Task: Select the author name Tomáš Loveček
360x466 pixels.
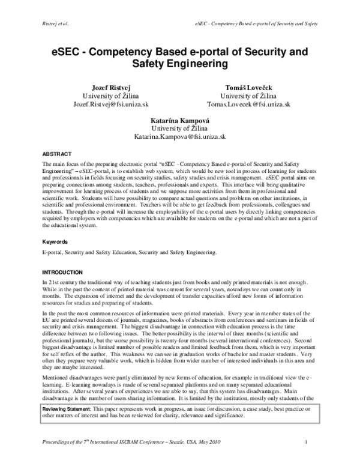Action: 248,86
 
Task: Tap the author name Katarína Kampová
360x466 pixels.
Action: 180,120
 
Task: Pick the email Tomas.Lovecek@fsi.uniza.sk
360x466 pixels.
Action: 248,103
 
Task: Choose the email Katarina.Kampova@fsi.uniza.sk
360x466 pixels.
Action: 180,136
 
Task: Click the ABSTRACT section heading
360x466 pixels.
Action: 56,153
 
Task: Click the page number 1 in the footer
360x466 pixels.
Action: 306,460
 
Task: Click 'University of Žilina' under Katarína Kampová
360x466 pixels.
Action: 180,128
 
